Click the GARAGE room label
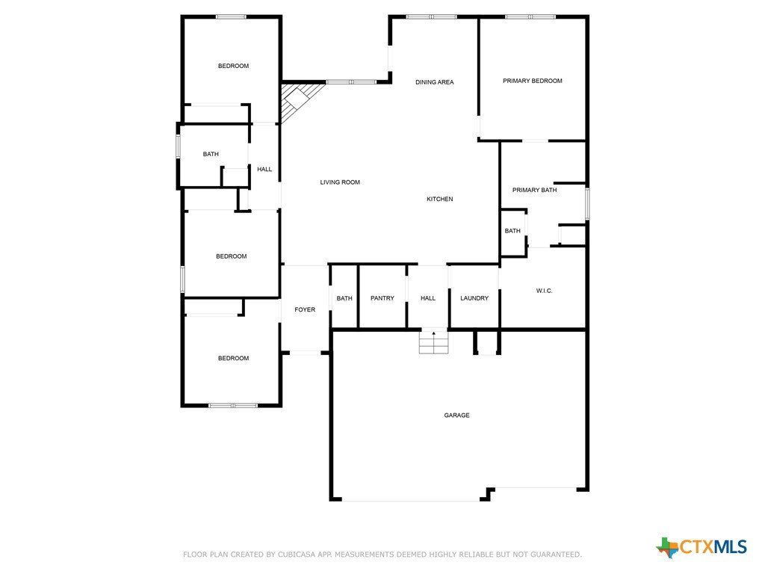point(456,416)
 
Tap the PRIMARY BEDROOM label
point(532,81)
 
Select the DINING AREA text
point(434,82)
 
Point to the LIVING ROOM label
point(340,182)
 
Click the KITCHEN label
point(439,199)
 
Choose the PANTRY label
point(382,298)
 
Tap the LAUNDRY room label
point(474,298)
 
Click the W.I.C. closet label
point(544,291)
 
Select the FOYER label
point(305,310)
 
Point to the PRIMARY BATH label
point(534,191)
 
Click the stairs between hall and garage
point(433,342)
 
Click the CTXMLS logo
point(701,547)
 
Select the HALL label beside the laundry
point(428,298)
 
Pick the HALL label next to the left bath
point(264,170)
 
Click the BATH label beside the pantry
point(344,298)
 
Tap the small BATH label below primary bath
point(512,231)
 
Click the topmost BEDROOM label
point(233,66)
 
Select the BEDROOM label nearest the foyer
point(233,358)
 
